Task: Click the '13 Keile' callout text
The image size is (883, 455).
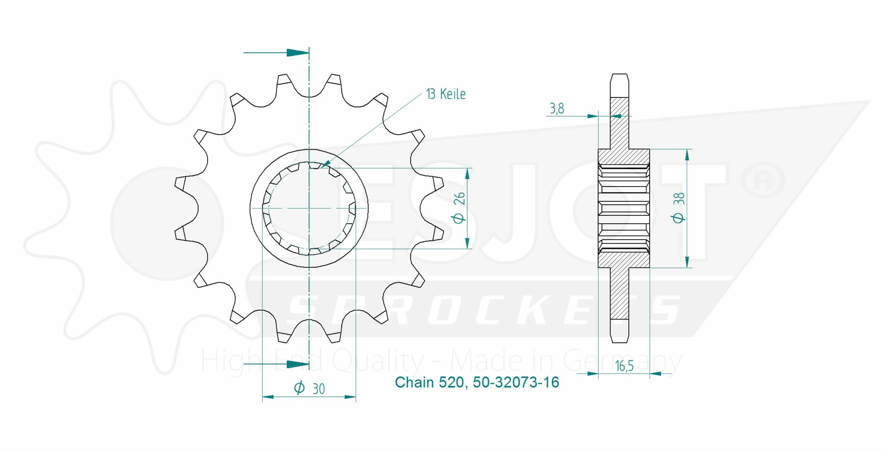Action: [446, 94]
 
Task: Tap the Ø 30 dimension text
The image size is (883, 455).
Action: [309, 388]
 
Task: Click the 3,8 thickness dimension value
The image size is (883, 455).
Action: [557, 109]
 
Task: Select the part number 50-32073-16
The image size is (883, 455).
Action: [516, 382]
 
